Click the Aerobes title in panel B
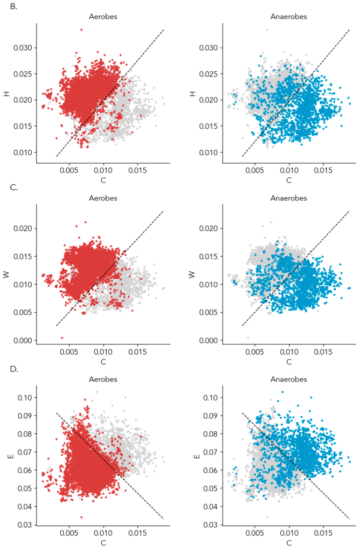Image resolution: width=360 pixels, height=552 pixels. pos(103,17)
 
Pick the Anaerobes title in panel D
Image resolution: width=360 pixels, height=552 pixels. pos(289,379)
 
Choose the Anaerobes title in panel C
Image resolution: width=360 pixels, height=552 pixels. pos(289,198)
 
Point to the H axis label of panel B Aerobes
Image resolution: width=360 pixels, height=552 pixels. pos(7,93)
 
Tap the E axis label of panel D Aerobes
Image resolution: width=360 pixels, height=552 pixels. pos(7,456)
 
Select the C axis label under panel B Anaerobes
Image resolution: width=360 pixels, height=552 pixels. pos(289,180)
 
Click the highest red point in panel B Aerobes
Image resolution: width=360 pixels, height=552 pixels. pos(81,30)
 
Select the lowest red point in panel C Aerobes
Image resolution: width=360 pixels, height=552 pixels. pos(61,338)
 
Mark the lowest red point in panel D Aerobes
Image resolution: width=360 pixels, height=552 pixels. pos(81,517)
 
